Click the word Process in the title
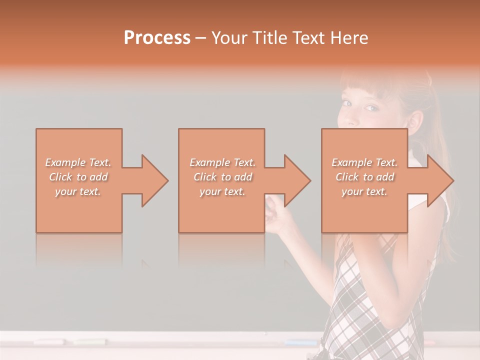click(x=157, y=38)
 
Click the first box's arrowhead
click(x=154, y=180)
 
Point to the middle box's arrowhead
click(x=297, y=180)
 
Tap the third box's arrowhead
click(x=440, y=180)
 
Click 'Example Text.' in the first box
click(x=78, y=162)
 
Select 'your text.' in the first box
click(x=78, y=191)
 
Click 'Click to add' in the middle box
click(x=222, y=177)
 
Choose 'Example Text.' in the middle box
click(x=222, y=162)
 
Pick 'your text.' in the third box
click(x=364, y=191)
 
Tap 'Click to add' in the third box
click(x=364, y=177)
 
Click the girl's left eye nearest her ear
click(x=370, y=108)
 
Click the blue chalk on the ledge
click(x=300, y=342)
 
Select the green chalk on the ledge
click(x=90, y=342)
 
